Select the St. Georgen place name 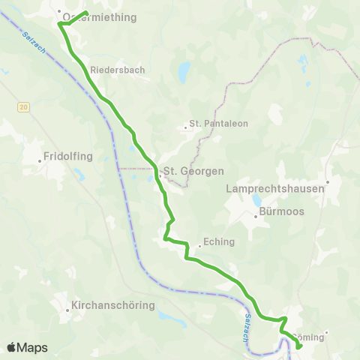[193, 171]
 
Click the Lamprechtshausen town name [275, 189]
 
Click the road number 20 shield [23, 108]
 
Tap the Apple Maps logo [27, 347]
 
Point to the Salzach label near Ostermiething [34, 41]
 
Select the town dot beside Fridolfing [40, 160]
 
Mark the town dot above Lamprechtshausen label [327, 181]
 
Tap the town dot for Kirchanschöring [65, 306]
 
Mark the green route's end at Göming [299, 346]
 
